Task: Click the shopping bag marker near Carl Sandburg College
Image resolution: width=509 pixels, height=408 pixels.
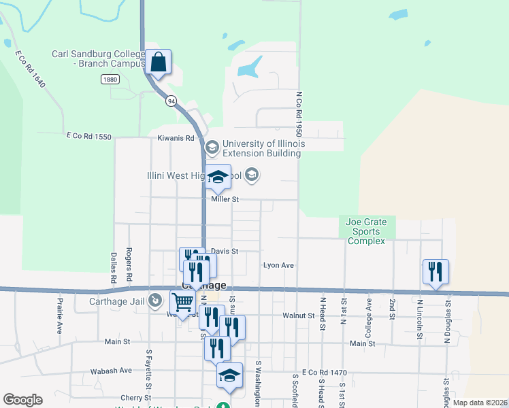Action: click(158, 63)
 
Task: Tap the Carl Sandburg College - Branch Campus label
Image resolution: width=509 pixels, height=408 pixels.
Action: click(99, 59)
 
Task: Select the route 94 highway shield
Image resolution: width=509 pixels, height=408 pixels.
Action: click(170, 101)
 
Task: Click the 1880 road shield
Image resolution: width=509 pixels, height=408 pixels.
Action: click(110, 80)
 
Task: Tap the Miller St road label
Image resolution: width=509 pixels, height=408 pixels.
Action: click(225, 199)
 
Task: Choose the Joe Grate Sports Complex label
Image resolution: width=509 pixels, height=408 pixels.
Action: click(366, 231)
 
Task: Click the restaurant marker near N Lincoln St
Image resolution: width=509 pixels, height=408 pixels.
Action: click(435, 271)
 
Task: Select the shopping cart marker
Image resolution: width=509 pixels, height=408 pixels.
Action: click(182, 301)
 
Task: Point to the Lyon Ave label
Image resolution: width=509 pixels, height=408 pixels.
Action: click(278, 265)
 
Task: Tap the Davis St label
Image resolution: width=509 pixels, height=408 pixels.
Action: click(225, 251)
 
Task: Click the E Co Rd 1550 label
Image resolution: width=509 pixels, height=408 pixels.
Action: click(88, 137)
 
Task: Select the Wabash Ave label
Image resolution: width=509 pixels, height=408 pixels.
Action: click(111, 371)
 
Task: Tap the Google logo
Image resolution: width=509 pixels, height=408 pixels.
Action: click(22, 400)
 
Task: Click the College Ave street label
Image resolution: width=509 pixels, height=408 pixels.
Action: click(369, 308)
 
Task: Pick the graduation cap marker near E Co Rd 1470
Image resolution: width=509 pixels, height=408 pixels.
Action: click(229, 375)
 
